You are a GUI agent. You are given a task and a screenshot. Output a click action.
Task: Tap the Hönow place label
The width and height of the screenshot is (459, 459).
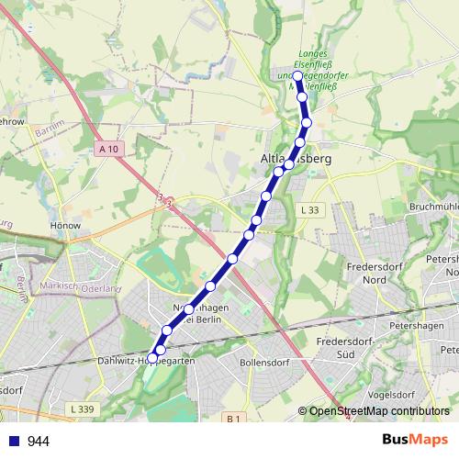(x=68, y=225)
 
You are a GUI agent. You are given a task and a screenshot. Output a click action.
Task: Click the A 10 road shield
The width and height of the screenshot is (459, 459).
(x=109, y=148)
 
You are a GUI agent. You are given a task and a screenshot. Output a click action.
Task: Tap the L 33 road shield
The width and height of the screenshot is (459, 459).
(x=309, y=210)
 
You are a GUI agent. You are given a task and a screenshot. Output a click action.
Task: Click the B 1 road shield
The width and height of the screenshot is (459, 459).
(x=233, y=419)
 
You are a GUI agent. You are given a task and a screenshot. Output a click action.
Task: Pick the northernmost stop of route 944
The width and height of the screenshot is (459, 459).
(x=298, y=76)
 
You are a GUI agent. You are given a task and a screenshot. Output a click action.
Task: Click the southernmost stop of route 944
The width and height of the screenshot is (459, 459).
(x=151, y=358)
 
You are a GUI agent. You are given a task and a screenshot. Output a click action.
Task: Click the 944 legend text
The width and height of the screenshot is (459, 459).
(x=39, y=442)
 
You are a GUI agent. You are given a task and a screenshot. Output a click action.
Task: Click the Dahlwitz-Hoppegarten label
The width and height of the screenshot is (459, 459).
(x=147, y=362)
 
